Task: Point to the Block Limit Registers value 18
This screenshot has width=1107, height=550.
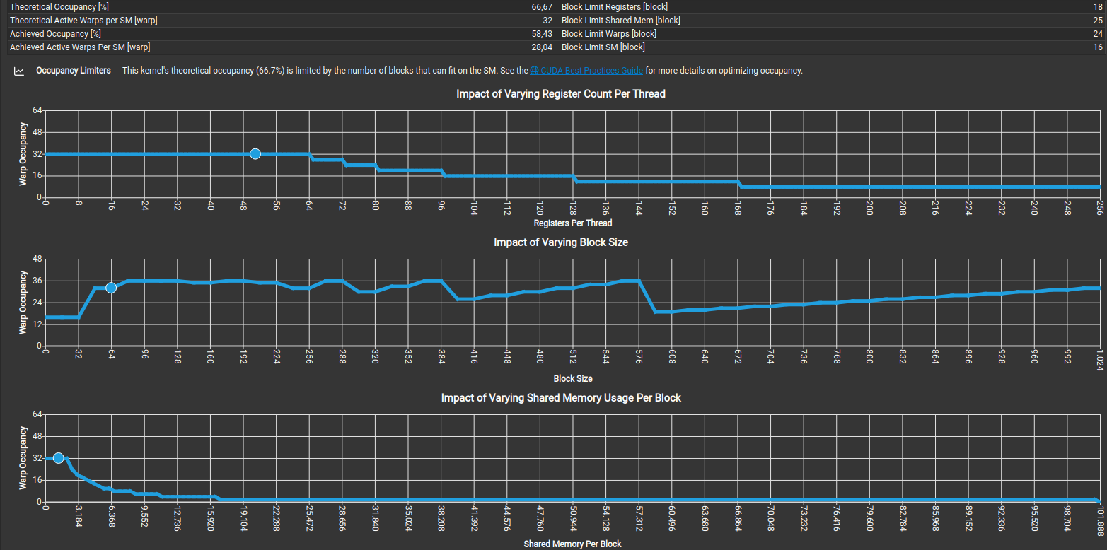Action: tap(1098, 6)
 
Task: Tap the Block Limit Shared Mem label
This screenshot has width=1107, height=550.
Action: tap(620, 21)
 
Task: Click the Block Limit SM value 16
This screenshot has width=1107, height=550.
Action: tap(1098, 47)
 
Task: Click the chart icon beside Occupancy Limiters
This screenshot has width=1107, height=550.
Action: tap(20, 71)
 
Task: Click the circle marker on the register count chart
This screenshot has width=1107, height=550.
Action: tap(255, 154)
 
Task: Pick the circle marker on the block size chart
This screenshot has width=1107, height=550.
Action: tap(111, 288)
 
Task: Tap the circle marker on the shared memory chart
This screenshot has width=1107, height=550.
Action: tap(59, 458)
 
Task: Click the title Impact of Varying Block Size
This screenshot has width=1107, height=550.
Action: tap(561, 242)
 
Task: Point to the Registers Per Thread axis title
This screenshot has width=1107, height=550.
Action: tap(573, 223)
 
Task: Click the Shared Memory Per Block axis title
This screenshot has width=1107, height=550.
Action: tap(572, 544)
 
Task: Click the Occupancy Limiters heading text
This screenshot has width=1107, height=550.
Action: tap(74, 71)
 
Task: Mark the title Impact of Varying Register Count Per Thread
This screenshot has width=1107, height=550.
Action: tap(561, 93)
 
